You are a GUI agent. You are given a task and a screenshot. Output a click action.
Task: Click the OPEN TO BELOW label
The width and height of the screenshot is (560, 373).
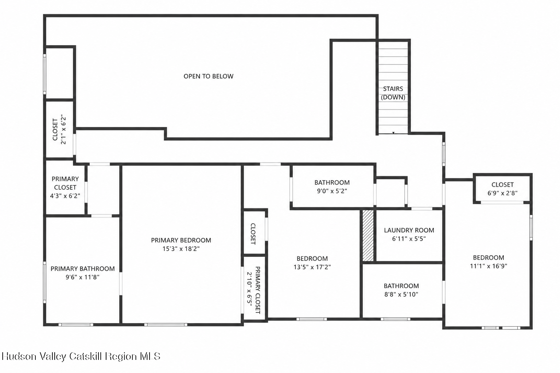coord(209,76)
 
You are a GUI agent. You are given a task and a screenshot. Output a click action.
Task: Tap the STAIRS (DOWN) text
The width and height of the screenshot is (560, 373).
coord(393,93)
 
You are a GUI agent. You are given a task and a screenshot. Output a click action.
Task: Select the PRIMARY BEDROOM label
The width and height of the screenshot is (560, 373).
coord(181,240)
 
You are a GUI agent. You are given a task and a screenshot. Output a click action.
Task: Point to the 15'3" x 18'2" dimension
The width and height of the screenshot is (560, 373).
coord(181,249)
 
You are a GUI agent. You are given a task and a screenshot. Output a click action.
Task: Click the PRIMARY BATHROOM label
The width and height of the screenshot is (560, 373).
coord(82,268)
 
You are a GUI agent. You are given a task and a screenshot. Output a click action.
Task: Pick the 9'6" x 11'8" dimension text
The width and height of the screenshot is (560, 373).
coord(82,277)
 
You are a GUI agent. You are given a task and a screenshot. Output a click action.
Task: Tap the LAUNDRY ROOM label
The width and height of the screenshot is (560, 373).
coord(409,230)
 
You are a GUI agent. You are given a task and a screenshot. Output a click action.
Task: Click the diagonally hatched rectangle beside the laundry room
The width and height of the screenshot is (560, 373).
coord(368,236)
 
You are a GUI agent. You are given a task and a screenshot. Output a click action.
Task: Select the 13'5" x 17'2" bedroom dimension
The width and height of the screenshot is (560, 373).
coord(312,267)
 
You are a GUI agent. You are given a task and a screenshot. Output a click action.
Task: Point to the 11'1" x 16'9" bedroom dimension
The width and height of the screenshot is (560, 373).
coord(489,266)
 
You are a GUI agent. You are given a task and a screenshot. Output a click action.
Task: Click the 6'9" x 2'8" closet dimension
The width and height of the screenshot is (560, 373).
coord(502,193)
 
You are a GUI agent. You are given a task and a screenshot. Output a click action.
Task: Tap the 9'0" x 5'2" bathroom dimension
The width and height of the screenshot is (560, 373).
coord(332,191)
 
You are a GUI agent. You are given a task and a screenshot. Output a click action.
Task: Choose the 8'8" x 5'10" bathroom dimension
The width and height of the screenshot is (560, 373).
coord(401,295)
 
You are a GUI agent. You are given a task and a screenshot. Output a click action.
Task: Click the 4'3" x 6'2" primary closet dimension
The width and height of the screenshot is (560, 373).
coord(65,196)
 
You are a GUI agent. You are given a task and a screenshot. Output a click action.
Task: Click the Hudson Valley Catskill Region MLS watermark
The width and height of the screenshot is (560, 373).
coord(81,356)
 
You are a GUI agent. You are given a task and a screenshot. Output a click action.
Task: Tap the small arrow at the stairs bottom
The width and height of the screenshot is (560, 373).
coord(393,133)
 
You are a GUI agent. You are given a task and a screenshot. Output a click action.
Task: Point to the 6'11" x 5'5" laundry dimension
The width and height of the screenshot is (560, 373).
coord(409,239)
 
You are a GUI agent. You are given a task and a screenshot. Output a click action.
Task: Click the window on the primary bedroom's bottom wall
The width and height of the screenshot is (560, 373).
coord(166,325)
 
